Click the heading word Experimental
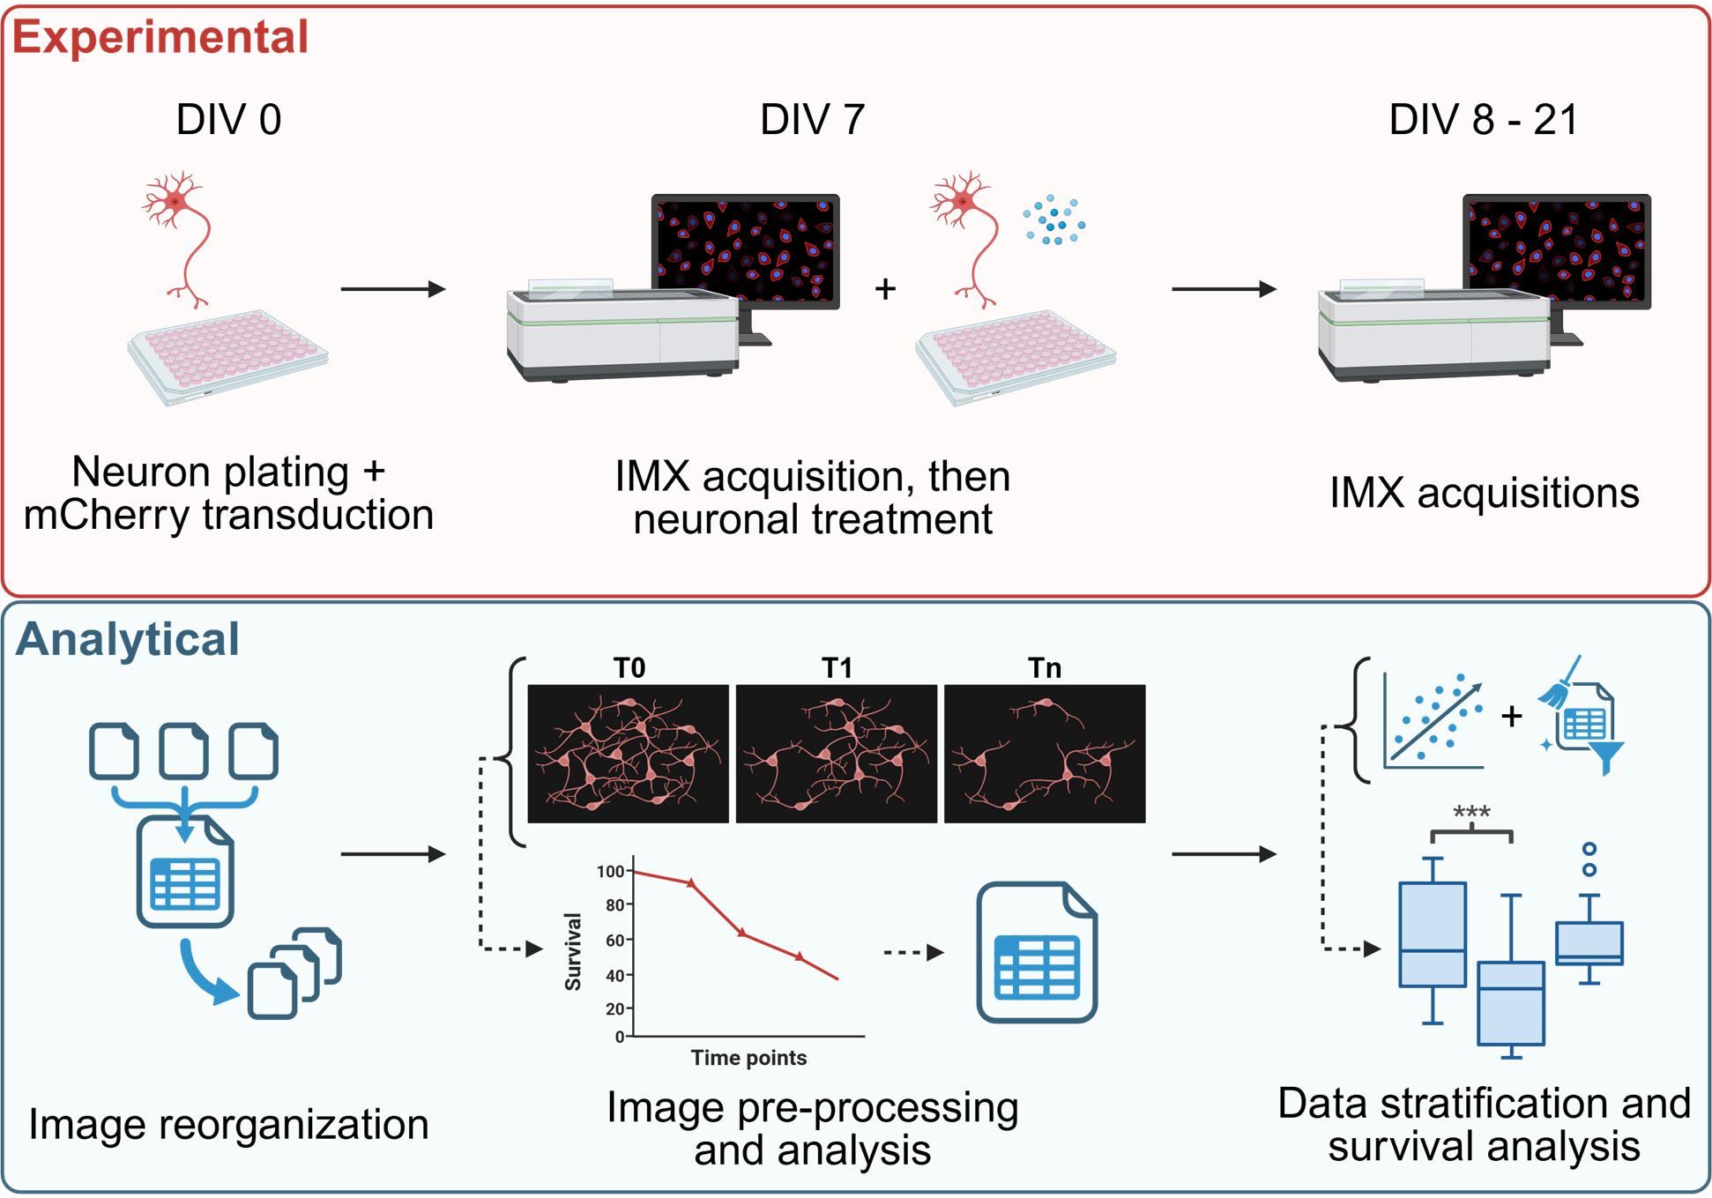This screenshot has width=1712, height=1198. click(160, 38)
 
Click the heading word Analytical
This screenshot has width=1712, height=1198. click(128, 639)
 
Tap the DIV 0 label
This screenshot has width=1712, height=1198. click(228, 120)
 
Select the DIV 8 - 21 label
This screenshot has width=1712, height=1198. click(1483, 120)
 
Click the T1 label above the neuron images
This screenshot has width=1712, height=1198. click(837, 668)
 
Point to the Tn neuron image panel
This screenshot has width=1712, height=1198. click(1045, 754)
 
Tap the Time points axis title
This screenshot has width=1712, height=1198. click(748, 1058)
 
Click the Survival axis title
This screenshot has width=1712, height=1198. click(573, 952)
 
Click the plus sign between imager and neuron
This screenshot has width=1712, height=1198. click(885, 288)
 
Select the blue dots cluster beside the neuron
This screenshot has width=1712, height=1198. click(1053, 221)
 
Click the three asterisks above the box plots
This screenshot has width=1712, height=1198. click(1471, 813)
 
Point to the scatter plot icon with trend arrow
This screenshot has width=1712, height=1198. click(1433, 720)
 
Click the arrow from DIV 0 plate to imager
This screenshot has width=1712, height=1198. click(393, 288)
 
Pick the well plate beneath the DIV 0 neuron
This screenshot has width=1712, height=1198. click(227, 356)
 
